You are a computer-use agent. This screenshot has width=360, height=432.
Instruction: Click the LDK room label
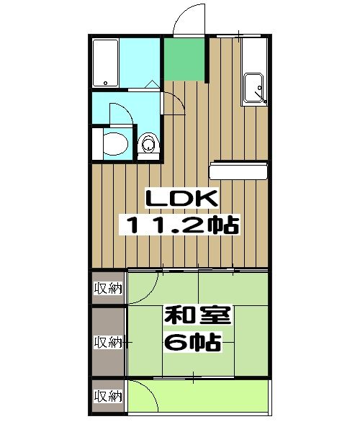(x=181, y=199)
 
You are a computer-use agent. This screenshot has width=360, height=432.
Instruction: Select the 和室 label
(x=197, y=315)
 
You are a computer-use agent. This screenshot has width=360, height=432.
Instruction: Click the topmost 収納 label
(x=108, y=289)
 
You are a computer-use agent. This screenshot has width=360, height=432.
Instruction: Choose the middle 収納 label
(x=108, y=342)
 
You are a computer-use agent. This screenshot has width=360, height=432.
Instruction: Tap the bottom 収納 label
(x=108, y=397)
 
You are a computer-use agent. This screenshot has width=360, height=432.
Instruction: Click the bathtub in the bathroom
(x=106, y=63)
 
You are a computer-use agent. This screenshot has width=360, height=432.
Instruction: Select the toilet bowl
(x=149, y=143)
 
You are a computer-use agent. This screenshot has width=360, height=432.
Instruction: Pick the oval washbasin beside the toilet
(x=116, y=144)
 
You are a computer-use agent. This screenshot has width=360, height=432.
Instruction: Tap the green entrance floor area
(x=185, y=59)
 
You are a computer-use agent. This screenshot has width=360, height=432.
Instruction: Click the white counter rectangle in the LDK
(x=238, y=171)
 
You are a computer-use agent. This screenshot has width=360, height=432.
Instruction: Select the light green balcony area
(x=198, y=396)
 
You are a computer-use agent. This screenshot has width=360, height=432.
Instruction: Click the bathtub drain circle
(x=105, y=83)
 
